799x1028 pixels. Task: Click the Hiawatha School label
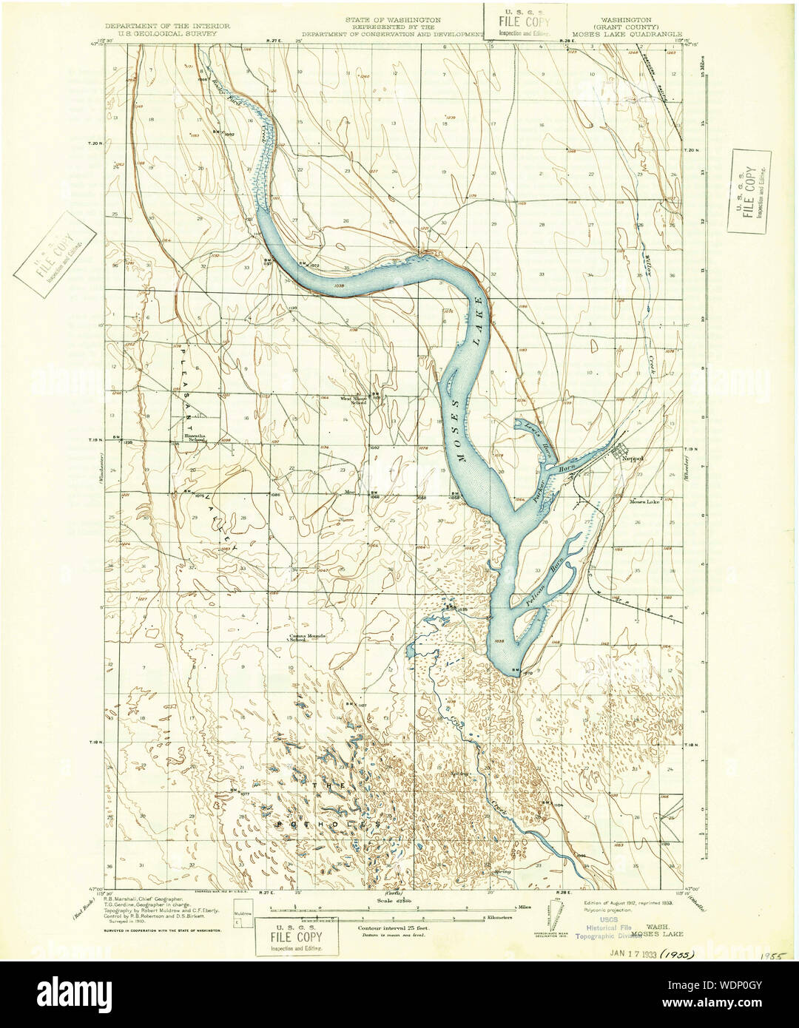pyautogui.click(x=195, y=438)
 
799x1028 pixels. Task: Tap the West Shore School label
pyautogui.click(x=354, y=400)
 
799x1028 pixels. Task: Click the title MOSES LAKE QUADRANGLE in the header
pyautogui.click(x=630, y=34)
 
